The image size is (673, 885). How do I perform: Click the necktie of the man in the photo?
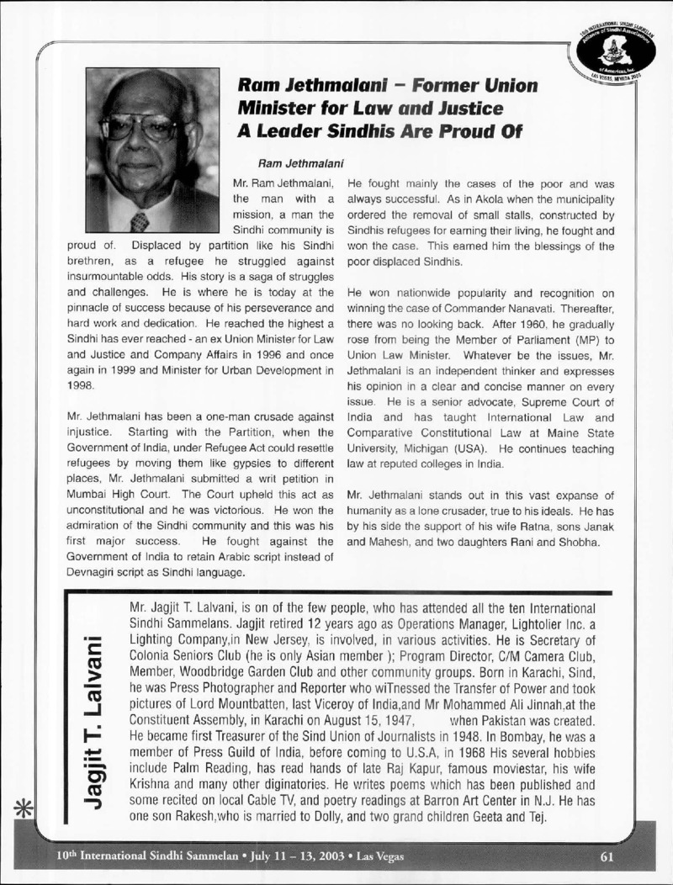click(x=139, y=220)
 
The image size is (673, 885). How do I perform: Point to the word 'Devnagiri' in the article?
click(x=92, y=573)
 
